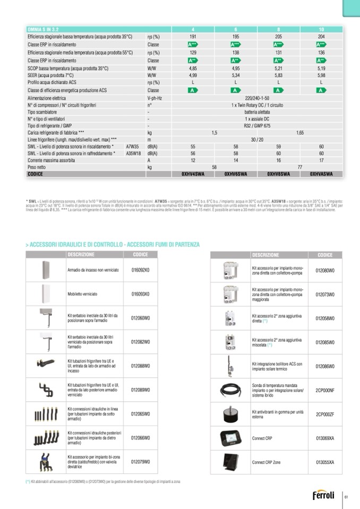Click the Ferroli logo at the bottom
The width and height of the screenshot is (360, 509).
(323, 496)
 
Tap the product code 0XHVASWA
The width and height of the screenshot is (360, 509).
(321, 174)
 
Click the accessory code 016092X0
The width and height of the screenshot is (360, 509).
(141, 270)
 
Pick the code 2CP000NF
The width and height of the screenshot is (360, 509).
(325, 390)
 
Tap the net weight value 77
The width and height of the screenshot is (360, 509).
(300, 167)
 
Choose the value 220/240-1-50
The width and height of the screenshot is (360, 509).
(257, 98)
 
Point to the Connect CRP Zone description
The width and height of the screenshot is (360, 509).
(266, 462)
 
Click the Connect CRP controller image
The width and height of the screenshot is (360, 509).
(230, 438)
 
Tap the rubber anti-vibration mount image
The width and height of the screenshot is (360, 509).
(230, 414)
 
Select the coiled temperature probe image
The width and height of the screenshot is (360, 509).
(230, 390)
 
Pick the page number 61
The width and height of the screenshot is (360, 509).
(346, 497)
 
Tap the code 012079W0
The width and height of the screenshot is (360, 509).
(141, 462)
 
